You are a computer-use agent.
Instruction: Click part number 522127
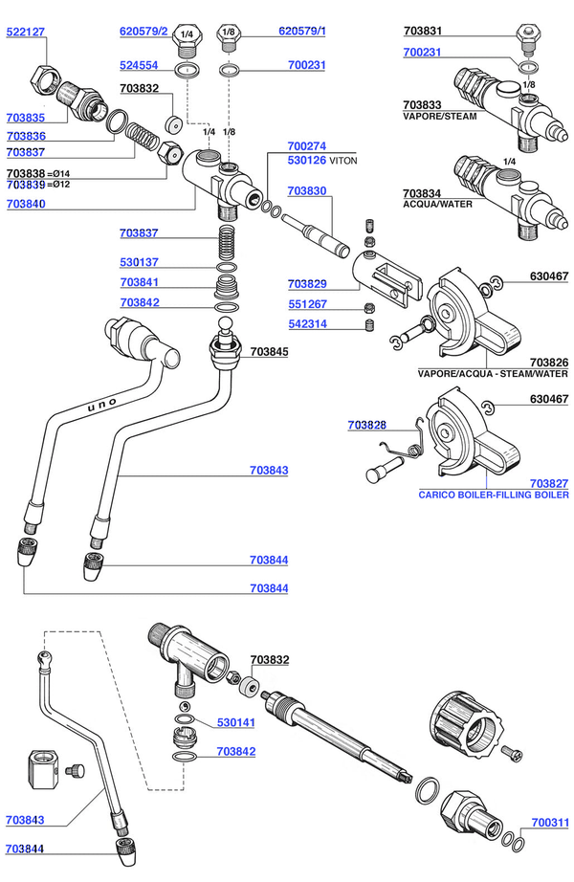pyautogui.click(x=25, y=33)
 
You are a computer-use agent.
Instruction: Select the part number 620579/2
pyautogui.click(x=143, y=31)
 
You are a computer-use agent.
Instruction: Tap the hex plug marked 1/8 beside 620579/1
pyautogui.click(x=229, y=37)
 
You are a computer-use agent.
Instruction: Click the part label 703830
pyautogui.click(x=307, y=190)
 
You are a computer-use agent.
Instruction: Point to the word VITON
pyautogui.click(x=343, y=161)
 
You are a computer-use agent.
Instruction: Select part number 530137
pyautogui.click(x=139, y=262)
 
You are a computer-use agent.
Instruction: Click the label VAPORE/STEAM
pyautogui.click(x=439, y=117)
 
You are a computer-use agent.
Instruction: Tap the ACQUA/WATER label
pyautogui.click(x=437, y=204)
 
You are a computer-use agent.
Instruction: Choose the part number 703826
pyautogui.click(x=549, y=363)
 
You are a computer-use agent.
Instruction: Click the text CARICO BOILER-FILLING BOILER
pyautogui.click(x=494, y=495)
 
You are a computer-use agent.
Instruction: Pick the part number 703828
pyautogui.click(x=367, y=426)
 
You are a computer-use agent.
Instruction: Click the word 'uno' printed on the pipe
pyautogui.click(x=102, y=404)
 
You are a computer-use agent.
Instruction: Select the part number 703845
pyautogui.click(x=269, y=352)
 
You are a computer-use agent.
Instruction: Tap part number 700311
pyautogui.click(x=550, y=823)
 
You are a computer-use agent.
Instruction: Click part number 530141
pyautogui.click(x=236, y=722)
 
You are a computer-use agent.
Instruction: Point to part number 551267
pyautogui.click(x=307, y=304)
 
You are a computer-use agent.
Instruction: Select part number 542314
pyautogui.click(x=307, y=324)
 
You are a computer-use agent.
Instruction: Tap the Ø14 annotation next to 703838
pyautogui.click(x=58, y=174)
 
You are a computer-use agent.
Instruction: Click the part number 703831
pyautogui.click(x=423, y=31)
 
